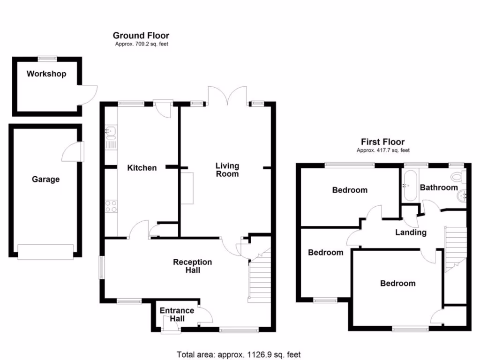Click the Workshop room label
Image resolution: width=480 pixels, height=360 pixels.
(x=46, y=74)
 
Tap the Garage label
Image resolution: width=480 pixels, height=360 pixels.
(x=45, y=180)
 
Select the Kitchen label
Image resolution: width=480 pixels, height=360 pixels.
(x=142, y=168)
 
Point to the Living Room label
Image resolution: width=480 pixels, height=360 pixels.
(x=227, y=170)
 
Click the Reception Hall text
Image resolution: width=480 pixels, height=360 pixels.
(x=193, y=266)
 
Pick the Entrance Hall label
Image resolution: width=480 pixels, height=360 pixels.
(x=177, y=315)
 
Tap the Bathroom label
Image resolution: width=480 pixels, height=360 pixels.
(x=439, y=187)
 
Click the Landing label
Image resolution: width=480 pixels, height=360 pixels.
(x=411, y=232)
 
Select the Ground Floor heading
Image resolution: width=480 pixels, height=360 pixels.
(x=141, y=36)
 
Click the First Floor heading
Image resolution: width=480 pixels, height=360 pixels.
(x=382, y=142)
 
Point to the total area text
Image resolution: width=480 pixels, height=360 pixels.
(x=239, y=355)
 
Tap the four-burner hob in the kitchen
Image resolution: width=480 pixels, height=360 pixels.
(x=111, y=206)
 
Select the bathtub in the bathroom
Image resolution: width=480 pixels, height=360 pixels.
(x=410, y=186)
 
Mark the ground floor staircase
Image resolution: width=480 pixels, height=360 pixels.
(x=260, y=276)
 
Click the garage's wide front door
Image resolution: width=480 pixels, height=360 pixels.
(x=45, y=252)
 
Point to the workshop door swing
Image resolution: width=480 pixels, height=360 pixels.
(x=88, y=96)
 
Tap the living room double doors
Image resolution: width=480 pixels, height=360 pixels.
(x=227, y=96)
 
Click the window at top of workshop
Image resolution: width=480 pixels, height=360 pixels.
(x=47, y=59)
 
